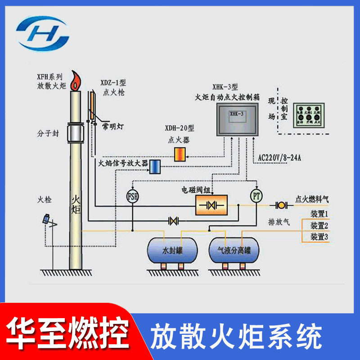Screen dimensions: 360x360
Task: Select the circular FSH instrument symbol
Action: [133, 196]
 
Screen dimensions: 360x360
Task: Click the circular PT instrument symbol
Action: [256, 196]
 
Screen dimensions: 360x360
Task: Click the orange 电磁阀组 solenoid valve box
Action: [211, 205]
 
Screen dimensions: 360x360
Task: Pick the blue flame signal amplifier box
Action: [155, 166]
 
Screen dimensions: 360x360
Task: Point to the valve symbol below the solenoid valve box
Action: [173, 221]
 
